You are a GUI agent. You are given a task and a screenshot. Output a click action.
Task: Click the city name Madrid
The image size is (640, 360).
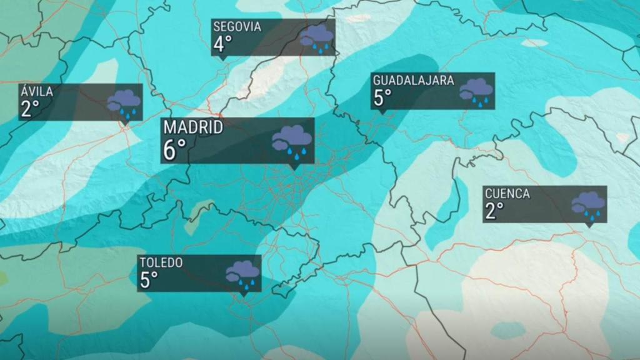(193, 127)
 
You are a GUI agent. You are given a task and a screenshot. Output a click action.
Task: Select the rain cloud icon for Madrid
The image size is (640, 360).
(292, 140)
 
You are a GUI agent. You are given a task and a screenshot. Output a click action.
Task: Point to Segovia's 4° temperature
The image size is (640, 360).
(222, 44)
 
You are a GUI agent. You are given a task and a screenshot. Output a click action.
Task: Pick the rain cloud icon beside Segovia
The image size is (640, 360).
(316, 38)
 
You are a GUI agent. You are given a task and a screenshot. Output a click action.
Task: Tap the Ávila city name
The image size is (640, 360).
(36, 92)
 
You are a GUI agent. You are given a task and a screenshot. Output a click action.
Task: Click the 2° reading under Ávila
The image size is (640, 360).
(30, 109)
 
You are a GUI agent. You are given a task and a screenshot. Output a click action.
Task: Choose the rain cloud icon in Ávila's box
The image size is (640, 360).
(124, 103)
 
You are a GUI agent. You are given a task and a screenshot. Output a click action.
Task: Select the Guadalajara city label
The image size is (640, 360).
(413, 80)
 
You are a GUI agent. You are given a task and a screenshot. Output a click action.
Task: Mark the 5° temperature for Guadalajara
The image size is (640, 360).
(382, 98)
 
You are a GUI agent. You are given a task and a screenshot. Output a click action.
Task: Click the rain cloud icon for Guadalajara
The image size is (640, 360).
(476, 91)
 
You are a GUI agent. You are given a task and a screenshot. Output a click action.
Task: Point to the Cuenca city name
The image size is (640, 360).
(507, 193)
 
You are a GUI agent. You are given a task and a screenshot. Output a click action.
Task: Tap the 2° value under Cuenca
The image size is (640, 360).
(494, 211)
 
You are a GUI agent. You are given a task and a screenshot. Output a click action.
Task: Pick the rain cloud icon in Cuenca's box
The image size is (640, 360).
(588, 204)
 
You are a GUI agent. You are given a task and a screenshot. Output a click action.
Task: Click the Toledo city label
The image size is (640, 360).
(161, 262)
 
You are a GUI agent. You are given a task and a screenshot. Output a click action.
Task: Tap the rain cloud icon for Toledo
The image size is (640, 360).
(242, 273)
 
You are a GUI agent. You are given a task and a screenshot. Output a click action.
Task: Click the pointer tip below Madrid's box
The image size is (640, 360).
(294, 168)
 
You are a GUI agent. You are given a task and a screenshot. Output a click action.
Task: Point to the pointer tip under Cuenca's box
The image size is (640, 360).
(587, 226)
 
